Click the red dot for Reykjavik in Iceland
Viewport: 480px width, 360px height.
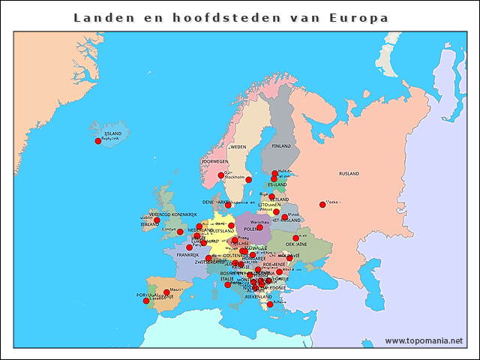pos(97,141)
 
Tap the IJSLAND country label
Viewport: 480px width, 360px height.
pos(112,133)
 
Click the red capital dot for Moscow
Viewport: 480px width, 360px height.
pos(322,205)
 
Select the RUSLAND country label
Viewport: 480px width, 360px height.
pos(349,173)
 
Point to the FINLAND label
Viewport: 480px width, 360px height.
pos(280,146)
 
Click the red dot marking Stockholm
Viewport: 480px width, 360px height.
pos(248,180)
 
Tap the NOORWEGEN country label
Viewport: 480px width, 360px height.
pos(214,162)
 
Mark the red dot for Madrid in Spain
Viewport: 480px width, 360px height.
pos(166,292)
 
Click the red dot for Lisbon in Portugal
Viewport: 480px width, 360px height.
pos(146,301)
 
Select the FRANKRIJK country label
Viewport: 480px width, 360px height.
pos(187,255)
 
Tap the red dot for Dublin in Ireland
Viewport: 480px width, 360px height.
pos(157,220)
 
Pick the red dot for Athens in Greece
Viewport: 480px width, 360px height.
pos(270,304)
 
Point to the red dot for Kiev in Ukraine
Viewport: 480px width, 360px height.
pos(295,238)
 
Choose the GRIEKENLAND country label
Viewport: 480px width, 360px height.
pos(258,296)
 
